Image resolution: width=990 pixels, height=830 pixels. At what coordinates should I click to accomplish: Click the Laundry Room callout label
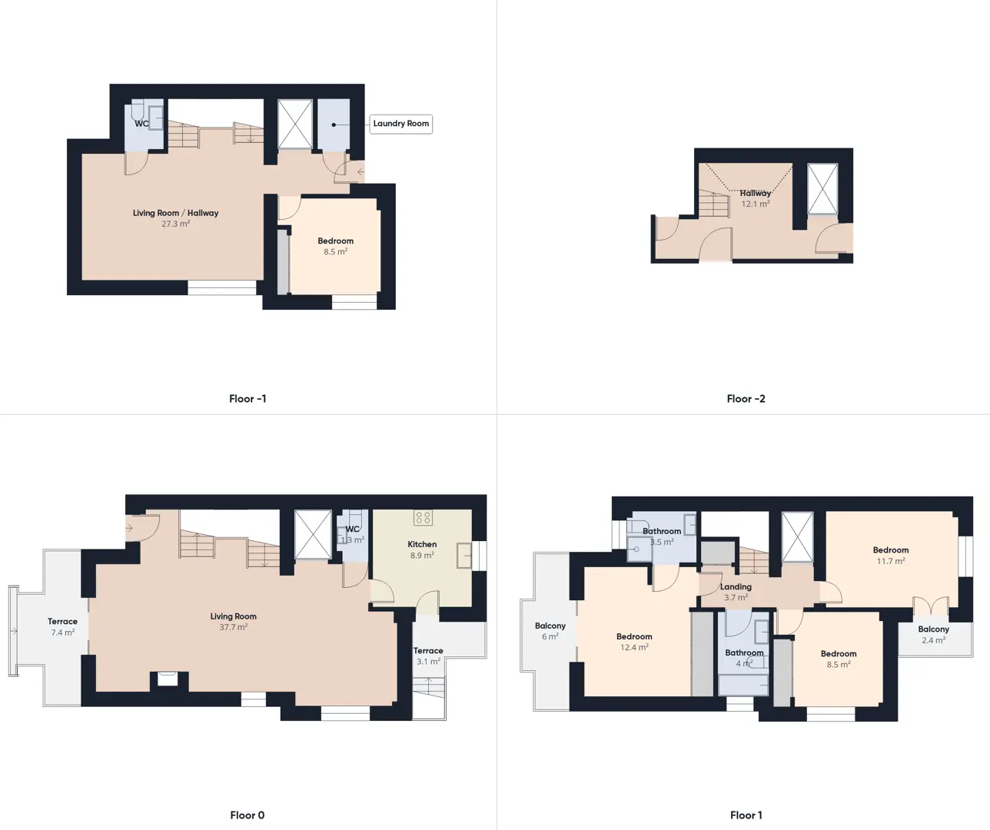coord(400,124)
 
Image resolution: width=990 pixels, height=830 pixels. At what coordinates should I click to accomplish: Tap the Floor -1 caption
coord(247,399)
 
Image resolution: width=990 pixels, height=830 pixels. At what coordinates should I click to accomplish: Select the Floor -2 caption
coord(746,399)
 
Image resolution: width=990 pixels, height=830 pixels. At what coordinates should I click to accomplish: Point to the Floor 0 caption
coord(247,815)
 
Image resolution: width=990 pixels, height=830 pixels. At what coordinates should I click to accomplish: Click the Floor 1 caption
coord(746,815)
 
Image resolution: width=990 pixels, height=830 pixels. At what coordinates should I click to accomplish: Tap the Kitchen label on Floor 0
coord(422,544)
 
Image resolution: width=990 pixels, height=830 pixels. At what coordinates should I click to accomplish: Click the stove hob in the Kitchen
coord(423,517)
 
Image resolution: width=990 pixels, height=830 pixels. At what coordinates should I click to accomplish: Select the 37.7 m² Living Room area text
coord(233,626)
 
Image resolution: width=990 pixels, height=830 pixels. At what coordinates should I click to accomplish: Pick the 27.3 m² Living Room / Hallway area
coord(175,224)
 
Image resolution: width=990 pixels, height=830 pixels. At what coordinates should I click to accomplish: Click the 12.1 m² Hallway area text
coord(756,204)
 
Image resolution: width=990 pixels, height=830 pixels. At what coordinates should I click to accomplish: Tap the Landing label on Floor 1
coord(736,586)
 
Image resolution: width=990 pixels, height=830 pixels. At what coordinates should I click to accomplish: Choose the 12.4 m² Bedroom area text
coord(634,647)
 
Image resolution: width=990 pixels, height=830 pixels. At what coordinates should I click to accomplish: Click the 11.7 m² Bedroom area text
coord(891,561)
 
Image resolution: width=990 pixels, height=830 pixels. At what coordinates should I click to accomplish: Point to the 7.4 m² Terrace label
coord(62,626)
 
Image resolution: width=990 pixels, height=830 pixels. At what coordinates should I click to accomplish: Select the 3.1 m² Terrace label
coord(428,656)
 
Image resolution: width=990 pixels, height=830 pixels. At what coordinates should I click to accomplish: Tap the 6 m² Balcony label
coord(550,631)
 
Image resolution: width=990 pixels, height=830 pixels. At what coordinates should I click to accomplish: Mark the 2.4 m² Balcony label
coord(934,634)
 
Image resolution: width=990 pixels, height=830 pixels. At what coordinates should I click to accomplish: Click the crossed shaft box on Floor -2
coord(822,189)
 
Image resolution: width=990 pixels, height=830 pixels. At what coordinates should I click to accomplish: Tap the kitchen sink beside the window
coord(464,556)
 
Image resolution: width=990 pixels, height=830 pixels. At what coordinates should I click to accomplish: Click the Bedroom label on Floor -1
coord(336,241)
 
